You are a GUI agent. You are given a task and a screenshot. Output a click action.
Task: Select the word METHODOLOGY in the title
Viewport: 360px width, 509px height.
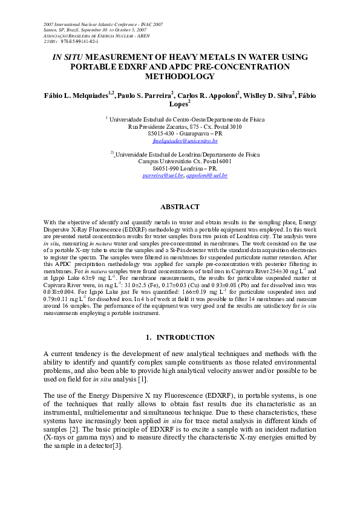click(180, 77)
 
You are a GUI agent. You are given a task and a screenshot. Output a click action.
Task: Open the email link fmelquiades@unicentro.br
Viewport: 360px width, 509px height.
click(180, 140)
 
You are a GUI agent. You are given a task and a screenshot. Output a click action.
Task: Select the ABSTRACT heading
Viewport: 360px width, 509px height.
click(180, 206)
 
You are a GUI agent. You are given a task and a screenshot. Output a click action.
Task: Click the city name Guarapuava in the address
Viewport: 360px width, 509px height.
click(201, 134)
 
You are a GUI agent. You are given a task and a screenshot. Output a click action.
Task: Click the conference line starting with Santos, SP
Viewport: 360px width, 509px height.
click(95, 30)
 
